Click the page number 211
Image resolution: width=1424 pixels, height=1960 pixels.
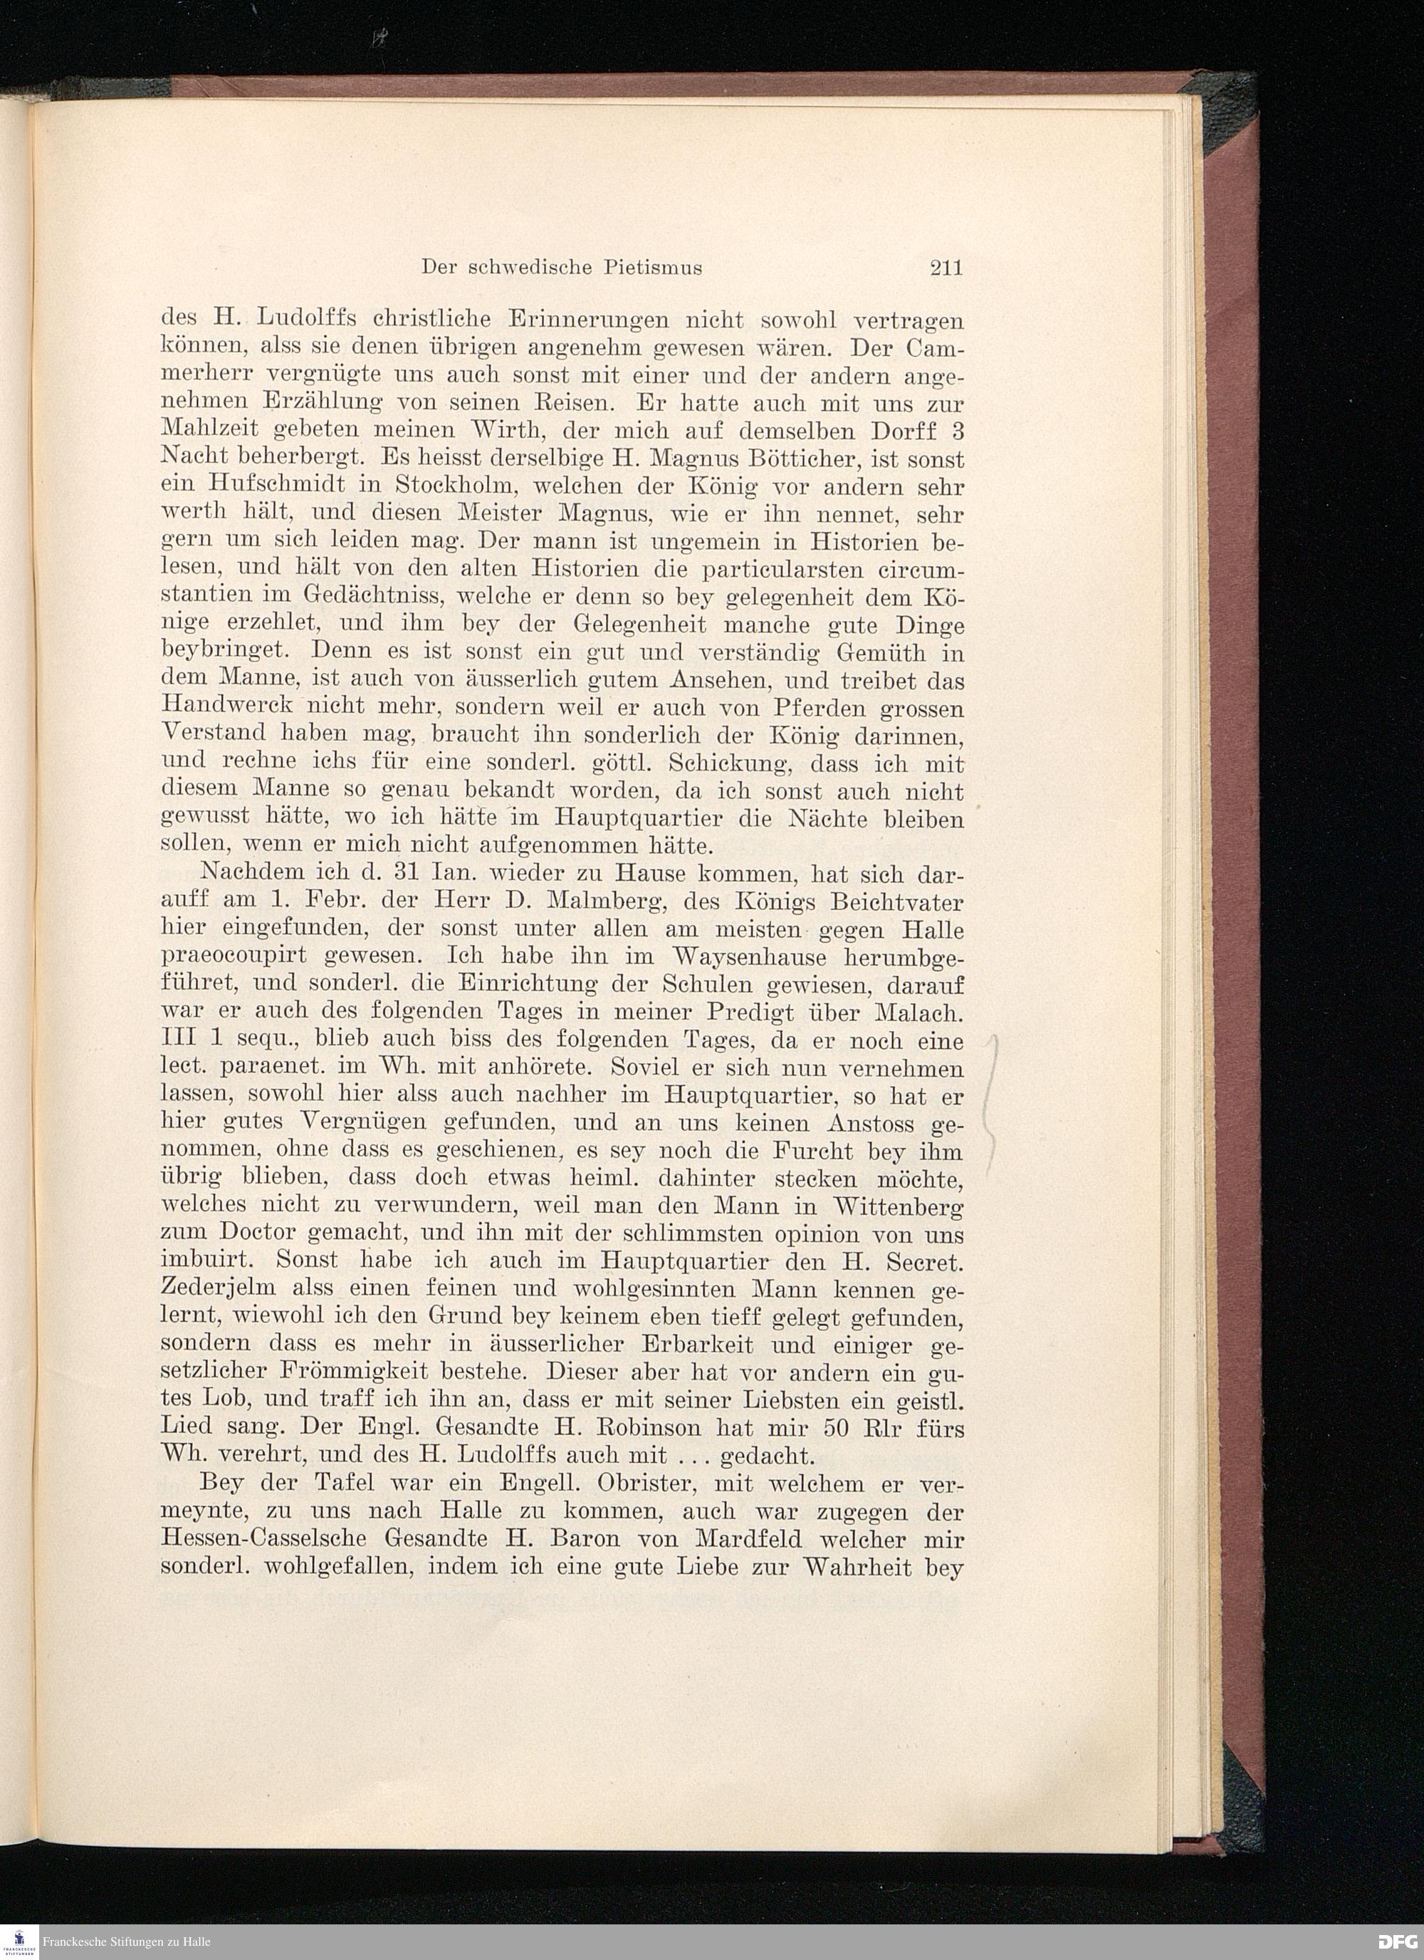[x=946, y=268]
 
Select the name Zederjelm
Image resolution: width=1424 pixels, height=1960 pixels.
[x=219, y=1288]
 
